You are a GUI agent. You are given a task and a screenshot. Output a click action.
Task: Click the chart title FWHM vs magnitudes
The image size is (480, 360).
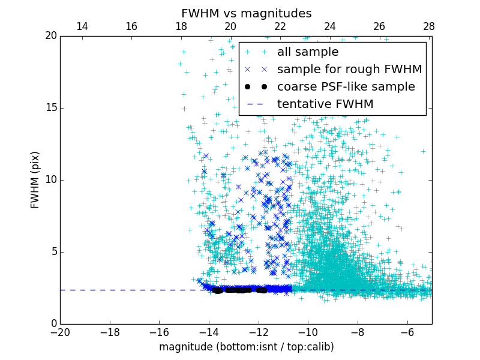tap(246, 13)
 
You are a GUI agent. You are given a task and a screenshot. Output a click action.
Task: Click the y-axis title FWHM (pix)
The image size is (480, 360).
tap(35, 180)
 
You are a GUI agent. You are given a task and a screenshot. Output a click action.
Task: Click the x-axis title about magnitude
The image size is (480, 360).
tap(246, 347)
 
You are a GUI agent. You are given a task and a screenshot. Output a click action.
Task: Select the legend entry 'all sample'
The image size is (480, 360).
tap(308, 52)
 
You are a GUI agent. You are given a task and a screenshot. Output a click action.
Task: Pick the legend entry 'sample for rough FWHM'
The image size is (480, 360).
tap(349, 70)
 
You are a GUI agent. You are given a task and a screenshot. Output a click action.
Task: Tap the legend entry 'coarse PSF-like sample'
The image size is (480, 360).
tap(346, 87)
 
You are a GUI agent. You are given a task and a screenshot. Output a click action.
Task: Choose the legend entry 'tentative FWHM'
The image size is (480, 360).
tap(325, 104)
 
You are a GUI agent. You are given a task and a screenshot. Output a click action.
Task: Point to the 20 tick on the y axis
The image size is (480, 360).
tap(50, 36)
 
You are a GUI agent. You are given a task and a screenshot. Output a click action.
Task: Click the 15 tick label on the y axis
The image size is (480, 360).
tap(50, 108)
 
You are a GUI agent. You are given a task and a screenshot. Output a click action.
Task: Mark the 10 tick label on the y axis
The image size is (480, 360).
tap(50, 180)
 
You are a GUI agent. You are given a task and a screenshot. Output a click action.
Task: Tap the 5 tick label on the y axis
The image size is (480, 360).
tap(53, 252)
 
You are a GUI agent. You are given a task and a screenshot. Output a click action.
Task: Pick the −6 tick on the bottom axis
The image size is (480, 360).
tap(407, 332)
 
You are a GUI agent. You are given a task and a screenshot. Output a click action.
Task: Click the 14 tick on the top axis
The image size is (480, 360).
tap(82, 26)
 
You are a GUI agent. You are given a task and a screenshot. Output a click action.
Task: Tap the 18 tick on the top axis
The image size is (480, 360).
tap(181, 26)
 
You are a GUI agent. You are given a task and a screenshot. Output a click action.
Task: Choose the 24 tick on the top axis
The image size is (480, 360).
tap(330, 26)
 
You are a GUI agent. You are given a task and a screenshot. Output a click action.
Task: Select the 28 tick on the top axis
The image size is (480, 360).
tap(429, 26)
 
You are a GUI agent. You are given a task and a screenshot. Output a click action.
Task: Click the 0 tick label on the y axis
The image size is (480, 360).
tap(53, 324)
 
